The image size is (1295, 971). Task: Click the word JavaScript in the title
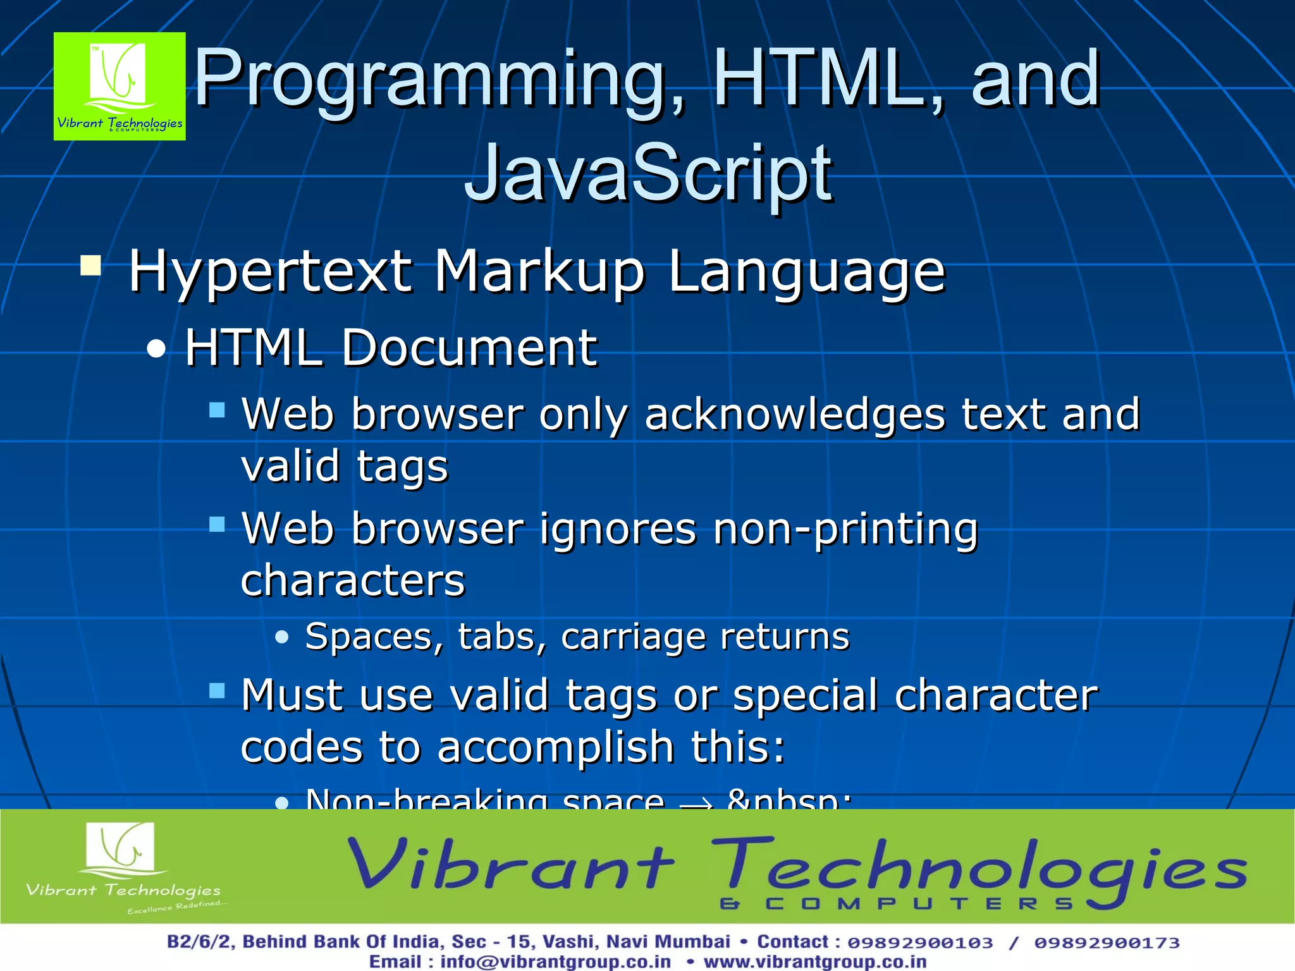pyautogui.click(x=648, y=172)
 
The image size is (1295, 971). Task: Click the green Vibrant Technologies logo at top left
pyautogui.click(x=120, y=86)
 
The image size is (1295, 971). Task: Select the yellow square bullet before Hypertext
pyautogui.click(x=91, y=266)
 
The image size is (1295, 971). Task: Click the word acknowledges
pyautogui.click(x=795, y=415)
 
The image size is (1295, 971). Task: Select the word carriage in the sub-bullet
pyautogui.click(x=632, y=637)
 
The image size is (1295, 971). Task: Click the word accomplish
pyautogui.click(x=556, y=747)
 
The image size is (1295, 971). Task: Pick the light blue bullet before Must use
pyautogui.click(x=217, y=690)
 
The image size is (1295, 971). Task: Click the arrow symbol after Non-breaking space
pyautogui.click(x=696, y=802)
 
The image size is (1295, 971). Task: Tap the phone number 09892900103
pyautogui.click(x=920, y=943)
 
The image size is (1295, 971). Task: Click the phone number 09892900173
pyautogui.click(x=1107, y=943)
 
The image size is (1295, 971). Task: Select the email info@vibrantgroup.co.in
pyautogui.click(x=555, y=962)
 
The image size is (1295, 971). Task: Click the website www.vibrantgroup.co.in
pyautogui.click(x=815, y=962)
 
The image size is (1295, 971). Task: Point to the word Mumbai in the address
pyautogui.click(x=692, y=942)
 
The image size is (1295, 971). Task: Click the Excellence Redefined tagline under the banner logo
pyautogui.click(x=175, y=907)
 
